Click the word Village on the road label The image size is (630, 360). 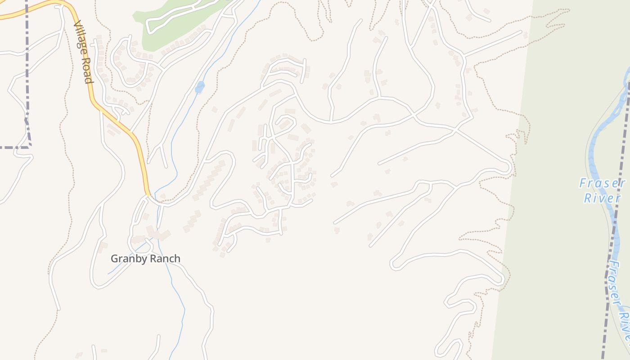79,38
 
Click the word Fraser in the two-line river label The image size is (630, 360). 602,184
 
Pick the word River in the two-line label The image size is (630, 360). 602,198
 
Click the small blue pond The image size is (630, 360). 199,87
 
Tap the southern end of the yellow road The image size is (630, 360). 148,194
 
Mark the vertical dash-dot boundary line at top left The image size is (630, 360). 27,67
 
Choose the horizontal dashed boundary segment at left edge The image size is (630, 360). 13,147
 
